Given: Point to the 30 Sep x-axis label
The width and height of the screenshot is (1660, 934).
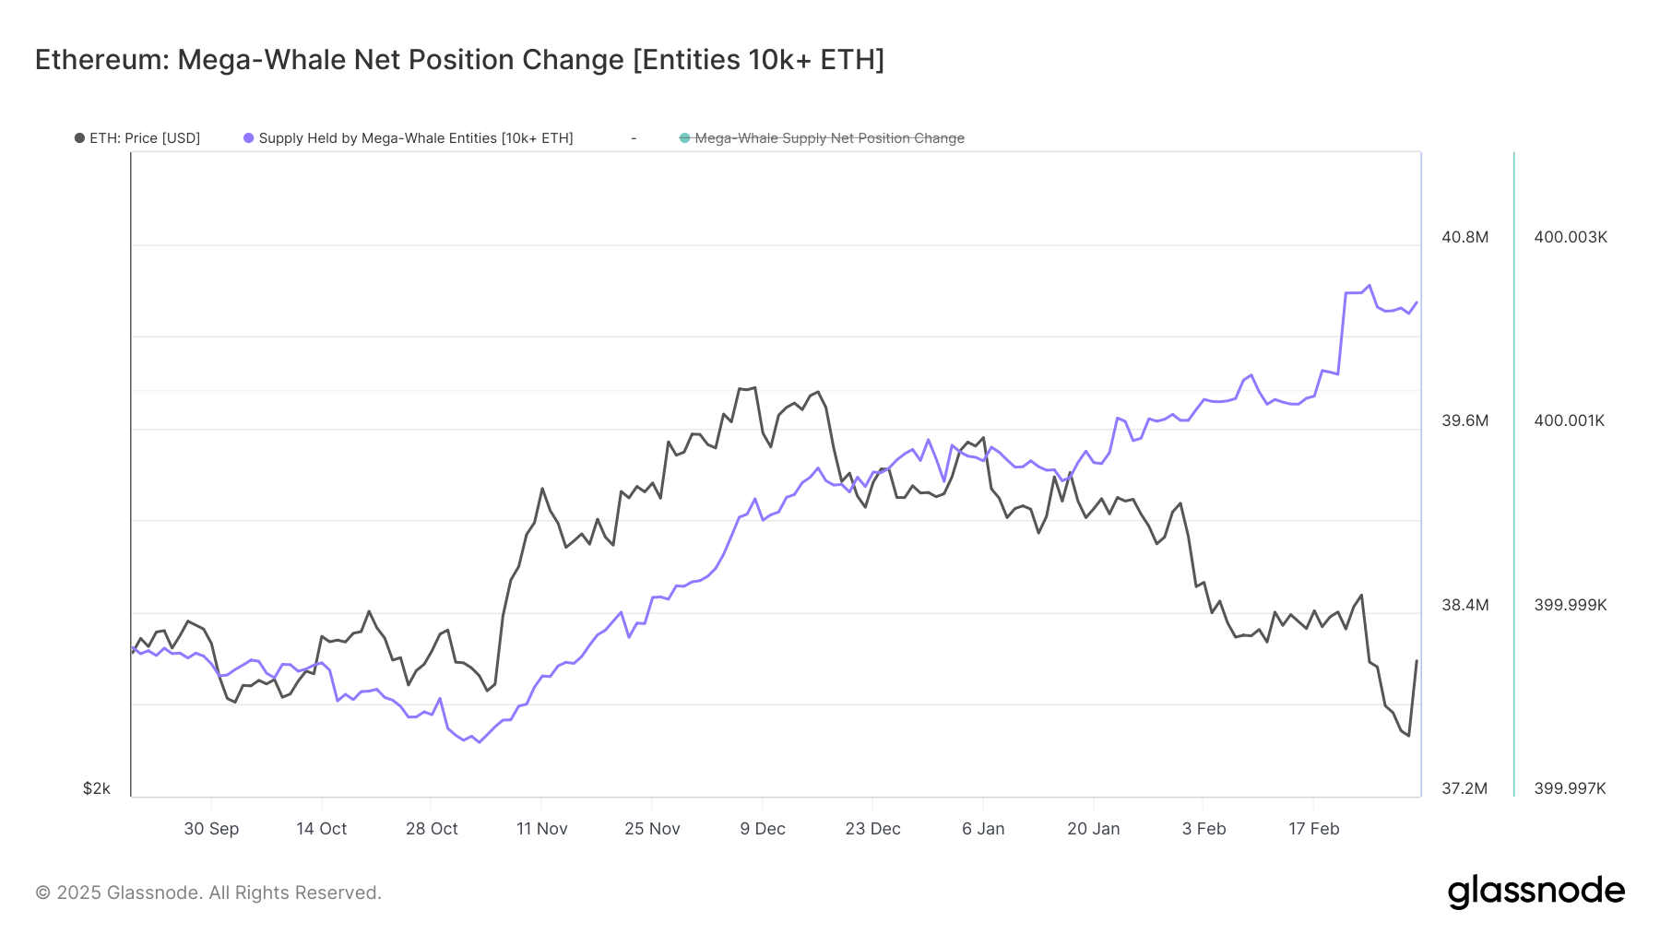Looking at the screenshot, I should coord(211,829).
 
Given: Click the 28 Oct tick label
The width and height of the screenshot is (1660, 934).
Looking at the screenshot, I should coord(432,829).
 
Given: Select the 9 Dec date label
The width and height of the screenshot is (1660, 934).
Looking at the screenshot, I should coord(763,829).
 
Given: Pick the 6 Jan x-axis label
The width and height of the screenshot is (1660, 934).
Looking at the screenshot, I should coord(983,829).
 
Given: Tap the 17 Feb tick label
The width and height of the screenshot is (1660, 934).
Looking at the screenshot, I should coord(1313,829).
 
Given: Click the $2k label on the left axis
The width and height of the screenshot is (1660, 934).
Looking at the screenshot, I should coord(97,788).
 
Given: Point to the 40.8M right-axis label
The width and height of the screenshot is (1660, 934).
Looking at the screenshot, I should coord(1464,237).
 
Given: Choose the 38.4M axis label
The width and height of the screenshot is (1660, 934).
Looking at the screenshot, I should coord(1464,605).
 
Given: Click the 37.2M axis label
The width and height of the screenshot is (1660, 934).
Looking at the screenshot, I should coord(1464,788).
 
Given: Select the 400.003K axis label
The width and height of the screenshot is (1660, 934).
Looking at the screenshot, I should coord(1570,237).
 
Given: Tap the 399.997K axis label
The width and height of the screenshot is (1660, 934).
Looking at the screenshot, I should coord(1570,788).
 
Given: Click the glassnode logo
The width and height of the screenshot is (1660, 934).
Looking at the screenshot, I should coord(1535,892).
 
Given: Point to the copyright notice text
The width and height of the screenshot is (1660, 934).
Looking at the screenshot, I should coord(208,893).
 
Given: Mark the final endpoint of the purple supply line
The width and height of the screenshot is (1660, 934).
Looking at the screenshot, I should coord(1417,301).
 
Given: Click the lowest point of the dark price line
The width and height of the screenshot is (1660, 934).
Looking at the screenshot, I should coord(1408,736).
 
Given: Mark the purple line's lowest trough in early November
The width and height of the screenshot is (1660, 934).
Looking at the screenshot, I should coord(479,742).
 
